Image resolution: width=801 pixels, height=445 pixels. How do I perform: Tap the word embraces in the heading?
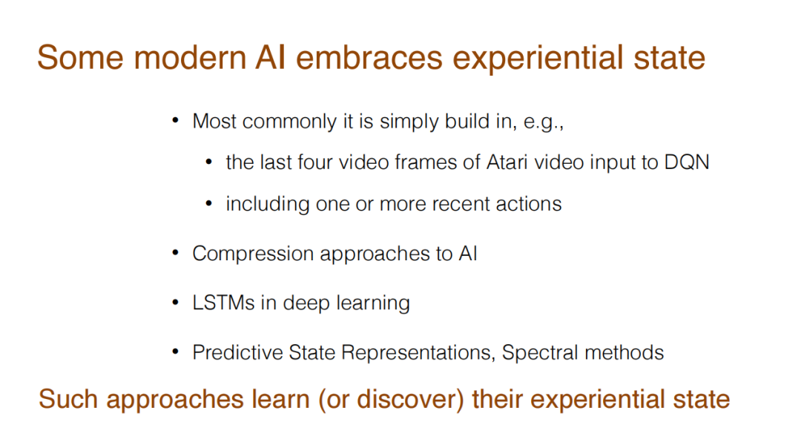tap(369, 57)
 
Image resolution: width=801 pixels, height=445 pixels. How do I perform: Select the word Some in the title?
tap(80, 57)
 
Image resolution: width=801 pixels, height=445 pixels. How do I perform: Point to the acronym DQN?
tap(687, 162)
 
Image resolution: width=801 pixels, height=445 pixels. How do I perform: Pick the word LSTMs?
tap(223, 303)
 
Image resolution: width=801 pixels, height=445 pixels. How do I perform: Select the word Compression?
tap(253, 254)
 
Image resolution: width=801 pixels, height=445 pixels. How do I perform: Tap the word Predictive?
tap(237, 352)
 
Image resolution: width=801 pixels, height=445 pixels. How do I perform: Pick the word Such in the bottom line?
tap(68, 399)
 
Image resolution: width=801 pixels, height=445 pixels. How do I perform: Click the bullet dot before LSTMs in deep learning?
tap(175, 303)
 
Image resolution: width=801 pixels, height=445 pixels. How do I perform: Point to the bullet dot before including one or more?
tap(208, 204)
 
